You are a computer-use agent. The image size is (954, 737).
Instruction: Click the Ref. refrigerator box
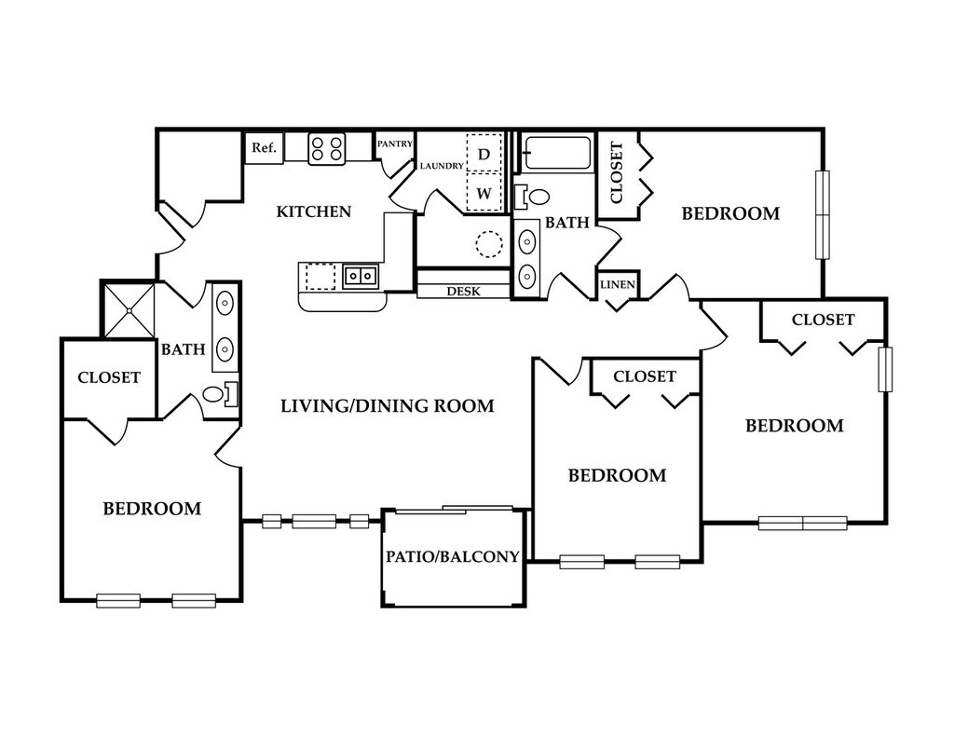pyautogui.click(x=264, y=148)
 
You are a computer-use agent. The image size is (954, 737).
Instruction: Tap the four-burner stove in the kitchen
pyautogui.click(x=327, y=148)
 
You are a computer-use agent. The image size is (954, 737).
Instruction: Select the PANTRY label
pyautogui.click(x=395, y=144)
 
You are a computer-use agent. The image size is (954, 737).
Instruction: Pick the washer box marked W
pyautogui.click(x=484, y=194)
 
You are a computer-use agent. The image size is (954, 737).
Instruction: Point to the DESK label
pyautogui.click(x=463, y=292)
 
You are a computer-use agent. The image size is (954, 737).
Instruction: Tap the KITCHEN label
pyautogui.click(x=314, y=212)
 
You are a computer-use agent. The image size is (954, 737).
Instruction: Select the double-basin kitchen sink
pyautogui.click(x=359, y=276)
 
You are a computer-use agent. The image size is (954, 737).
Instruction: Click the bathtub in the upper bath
pyautogui.click(x=557, y=153)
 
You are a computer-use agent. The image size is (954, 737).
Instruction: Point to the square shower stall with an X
pyautogui.click(x=128, y=308)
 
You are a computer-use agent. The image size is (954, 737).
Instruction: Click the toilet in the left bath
pyautogui.click(x=221, y=394)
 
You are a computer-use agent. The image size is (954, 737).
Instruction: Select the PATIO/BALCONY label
pyautogui.click(x=453, y=557)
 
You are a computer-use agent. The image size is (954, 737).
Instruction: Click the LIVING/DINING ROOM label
pyautogui.click(x=387, y=406)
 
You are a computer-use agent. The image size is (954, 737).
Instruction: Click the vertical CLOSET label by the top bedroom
pyautogui.click(x=616, y=172)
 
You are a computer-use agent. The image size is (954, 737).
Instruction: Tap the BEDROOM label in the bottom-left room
pyautogui.click(x=152, y=509)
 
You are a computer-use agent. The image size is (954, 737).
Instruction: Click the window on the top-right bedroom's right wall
pyautogui.click(x=822, y=214)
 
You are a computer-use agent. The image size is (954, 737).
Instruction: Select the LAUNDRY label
pyautogui.click(x=442, y=166)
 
